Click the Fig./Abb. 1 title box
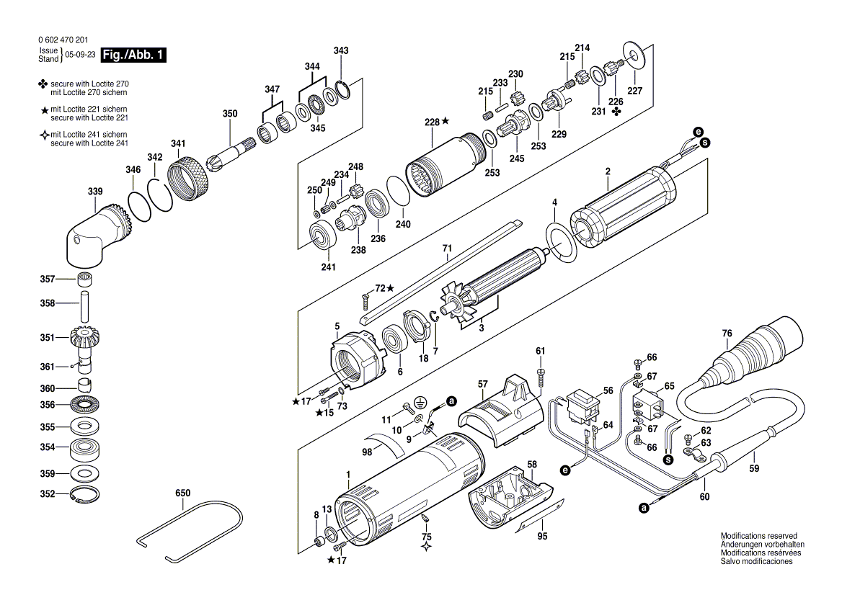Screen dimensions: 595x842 pyautogui.click(x=134, y=55)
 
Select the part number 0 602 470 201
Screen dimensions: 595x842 pyautogui.click(x=66, y=41)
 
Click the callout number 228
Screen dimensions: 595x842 pyautogui.click(x=431, y=122)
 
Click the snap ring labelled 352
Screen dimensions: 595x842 pyautogui.click(x=86, y=494)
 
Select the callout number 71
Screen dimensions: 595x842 pyautogui.click(x=447, y=249)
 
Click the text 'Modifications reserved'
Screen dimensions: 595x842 pyautogui.click(x=758, y=537)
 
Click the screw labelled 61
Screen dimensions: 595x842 pyautogui.click(x=541, y=374)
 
